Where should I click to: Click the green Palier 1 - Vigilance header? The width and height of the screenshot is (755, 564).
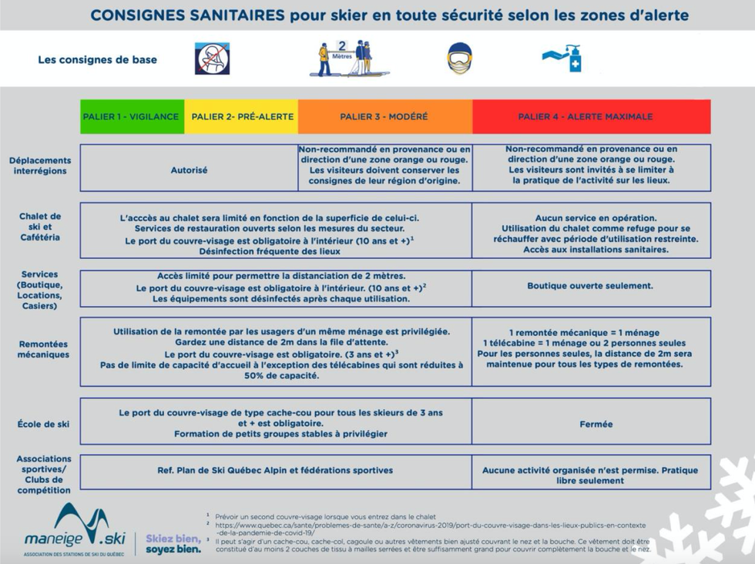pyautogui.click(x=132, y=117)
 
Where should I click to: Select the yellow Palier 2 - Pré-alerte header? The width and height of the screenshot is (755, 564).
pyautogui.click(x=242, y=117)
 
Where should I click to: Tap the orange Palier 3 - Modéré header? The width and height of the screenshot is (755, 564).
pyautogui.click(x=384, y=117)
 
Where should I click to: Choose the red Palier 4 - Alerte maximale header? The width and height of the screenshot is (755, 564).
pyautogui.click(x=585, y=117)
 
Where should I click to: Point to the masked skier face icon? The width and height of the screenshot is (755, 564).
pyautogui.click(x=459, y=59)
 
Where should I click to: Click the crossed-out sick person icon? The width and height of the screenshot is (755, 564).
pyautogui.click(x=212, y=59)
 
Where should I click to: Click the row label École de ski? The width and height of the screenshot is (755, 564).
pyautogui.click(x=43, y=425)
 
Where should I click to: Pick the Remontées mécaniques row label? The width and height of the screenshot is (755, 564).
pyautogui.click(x=43, y=350)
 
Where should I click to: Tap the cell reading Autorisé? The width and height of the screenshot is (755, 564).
pyautogui.click(x=189, y=170)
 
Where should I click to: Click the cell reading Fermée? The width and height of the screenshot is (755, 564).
pyautogui.click(x=596, y=425)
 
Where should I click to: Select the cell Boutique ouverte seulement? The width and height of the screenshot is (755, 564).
pyautogui.click(x=590, y=286)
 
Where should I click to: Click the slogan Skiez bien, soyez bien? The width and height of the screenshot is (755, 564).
pyautogui.click(x=173, y=544)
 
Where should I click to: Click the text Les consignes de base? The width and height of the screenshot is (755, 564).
pyautogui.click(x=97, y=59)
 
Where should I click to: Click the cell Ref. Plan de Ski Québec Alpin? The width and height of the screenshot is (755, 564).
pyautogui.click(x=275, y=470)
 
